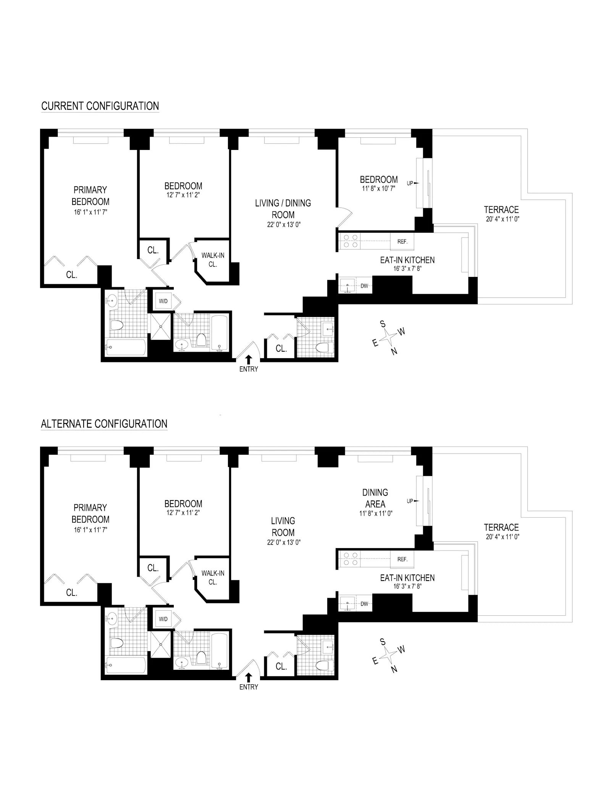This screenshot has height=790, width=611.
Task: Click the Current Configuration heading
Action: (100, 106)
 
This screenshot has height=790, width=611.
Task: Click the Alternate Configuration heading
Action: (104, 424)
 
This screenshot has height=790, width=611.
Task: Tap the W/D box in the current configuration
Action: (163, 301)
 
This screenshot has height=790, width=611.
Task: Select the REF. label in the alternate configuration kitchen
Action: (402, 559)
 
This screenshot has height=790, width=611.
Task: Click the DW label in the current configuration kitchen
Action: (364, 286)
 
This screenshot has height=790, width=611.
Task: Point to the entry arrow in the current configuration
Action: (249, 359)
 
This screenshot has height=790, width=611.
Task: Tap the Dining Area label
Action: (375, 498)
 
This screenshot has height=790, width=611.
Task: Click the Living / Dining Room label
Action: (283, 209)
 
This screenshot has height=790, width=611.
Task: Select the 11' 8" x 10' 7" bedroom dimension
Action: (378, 188)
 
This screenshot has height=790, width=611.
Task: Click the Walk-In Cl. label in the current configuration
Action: (213, 260)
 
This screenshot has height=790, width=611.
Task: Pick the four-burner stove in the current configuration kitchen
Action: (350, 241)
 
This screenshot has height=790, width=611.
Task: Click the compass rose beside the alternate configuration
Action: (389, 655)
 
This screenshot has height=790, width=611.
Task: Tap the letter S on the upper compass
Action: (383, 324)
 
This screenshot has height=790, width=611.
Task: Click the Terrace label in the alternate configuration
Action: (501, 527)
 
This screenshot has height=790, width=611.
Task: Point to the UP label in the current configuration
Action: (410, 183)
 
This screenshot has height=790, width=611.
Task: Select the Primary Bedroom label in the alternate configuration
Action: (91, 513)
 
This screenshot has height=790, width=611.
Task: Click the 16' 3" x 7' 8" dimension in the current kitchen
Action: (407, 269)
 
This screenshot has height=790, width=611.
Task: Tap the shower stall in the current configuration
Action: (161, 327)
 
